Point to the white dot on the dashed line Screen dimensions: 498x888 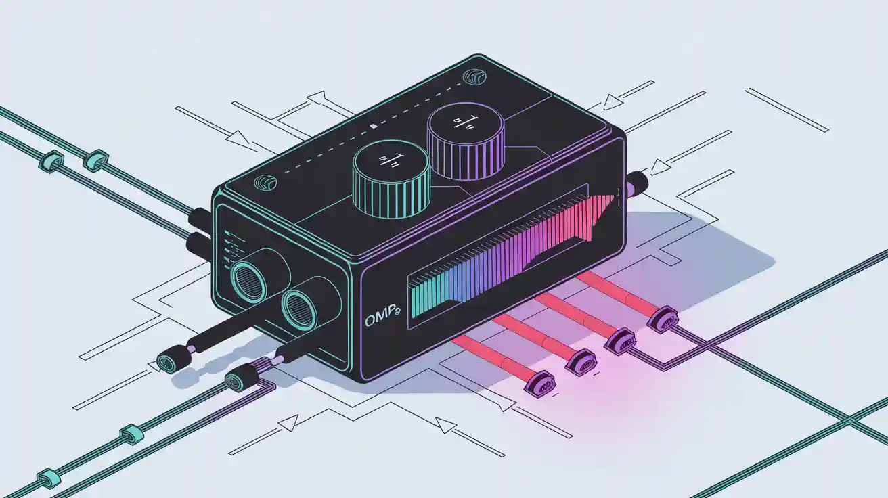coord(372,126)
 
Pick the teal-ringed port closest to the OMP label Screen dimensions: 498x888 coord(297,308)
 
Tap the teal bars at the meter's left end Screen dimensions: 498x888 coord(423,298)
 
